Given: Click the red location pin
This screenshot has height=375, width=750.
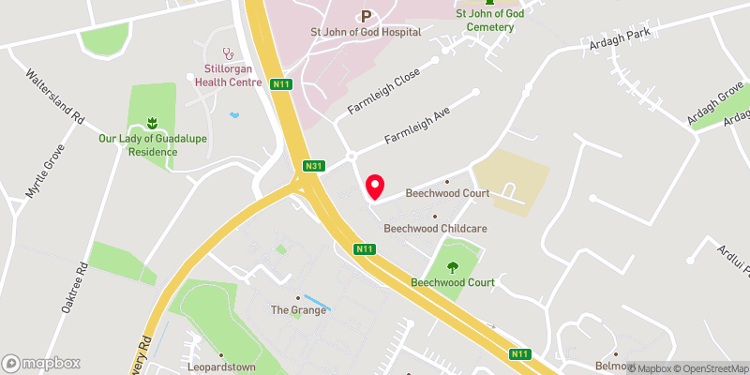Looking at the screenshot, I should pyautogui.click(x=375, y=187).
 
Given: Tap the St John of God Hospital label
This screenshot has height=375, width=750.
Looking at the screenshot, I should pyautogui.click(x=366, y=31).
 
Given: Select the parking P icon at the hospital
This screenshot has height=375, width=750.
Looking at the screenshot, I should pyautogui.click(x=366, y=15).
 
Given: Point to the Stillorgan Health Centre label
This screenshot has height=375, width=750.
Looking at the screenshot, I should pyautogui.click(x=225, y=75).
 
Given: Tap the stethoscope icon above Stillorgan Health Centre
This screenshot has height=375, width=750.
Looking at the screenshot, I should pyautogui.click(x=225, y=53).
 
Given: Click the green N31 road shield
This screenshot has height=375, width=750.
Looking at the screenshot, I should pyautogui.click(x=313, y=167).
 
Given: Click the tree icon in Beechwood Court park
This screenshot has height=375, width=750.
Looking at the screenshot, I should pyautogui.click(x=454, y=265).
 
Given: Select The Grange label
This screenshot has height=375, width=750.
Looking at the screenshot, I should pyautogui.click(x=298, y=309).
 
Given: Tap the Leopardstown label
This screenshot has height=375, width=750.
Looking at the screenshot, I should pyautogui.click(x=221, y=367).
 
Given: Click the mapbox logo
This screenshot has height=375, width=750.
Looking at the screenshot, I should pyautogui.click(x=41, y=363).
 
